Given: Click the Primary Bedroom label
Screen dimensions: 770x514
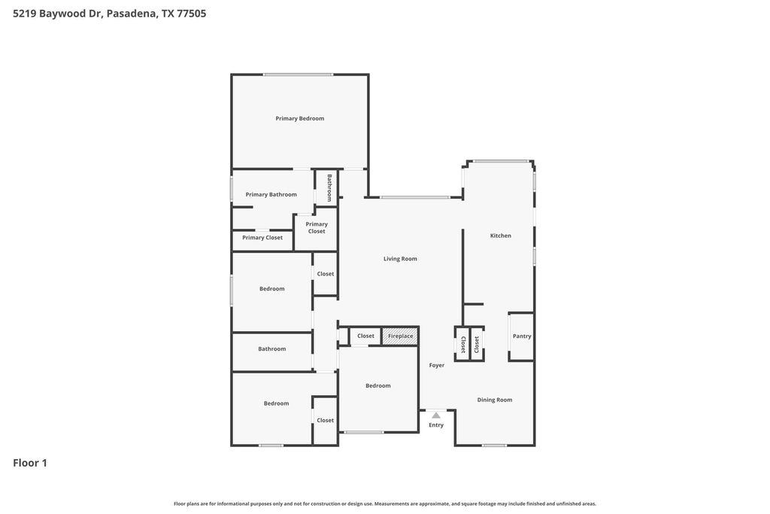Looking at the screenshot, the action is (x=299, y=118).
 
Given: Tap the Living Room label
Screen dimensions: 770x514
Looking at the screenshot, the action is (x=400, y=258).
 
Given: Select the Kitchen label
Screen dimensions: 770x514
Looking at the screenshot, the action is (x=500, y=236).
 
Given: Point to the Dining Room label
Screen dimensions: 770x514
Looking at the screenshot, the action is (x=495, y=400).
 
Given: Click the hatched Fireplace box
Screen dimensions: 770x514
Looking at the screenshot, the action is (x=400, y=336).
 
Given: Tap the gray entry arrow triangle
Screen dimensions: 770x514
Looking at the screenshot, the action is (x=436, y=415).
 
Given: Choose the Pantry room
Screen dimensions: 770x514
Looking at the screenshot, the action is (x=522, y=336).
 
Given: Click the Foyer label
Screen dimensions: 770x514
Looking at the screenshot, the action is (x=437, y=365).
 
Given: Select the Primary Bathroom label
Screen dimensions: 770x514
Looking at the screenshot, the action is (x=271, y=195).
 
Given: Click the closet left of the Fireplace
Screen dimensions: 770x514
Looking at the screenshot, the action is (x=365, y=336).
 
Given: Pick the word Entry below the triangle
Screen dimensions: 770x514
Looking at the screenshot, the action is (x=436, y=425).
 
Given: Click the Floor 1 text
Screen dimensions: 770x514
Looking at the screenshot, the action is (x=30, y=463).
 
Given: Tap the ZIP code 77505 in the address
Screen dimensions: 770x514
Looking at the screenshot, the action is (x=191, y=14).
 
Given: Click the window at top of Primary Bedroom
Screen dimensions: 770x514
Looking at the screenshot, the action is (x=298, y=75).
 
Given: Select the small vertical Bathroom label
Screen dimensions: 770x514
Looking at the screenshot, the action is (x=329, y=187).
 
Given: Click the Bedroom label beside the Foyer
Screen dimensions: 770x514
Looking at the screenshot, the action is (x=378, y=386).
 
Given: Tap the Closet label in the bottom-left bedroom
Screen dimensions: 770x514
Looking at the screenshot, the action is (x=325, y=420).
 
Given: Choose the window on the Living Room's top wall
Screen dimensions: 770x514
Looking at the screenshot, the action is (x=415, y=197).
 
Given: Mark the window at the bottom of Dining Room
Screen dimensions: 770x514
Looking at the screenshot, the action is (x=494, y=446).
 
